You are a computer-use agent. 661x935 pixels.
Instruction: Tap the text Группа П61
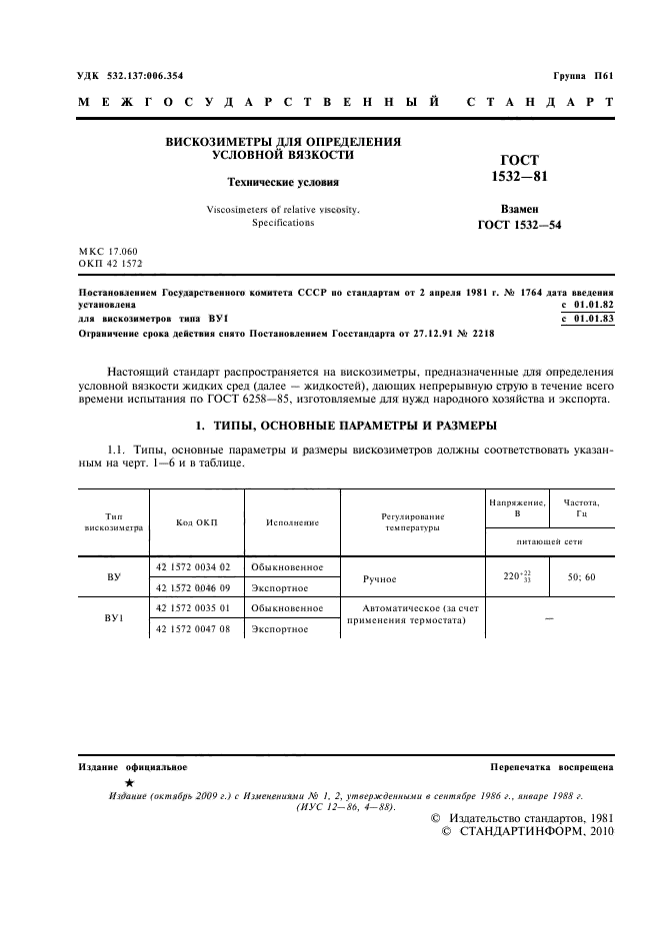click(583, 76)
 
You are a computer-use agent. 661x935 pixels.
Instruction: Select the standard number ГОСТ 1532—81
click(519, 168)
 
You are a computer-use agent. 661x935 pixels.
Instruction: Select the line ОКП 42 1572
click(110, 263)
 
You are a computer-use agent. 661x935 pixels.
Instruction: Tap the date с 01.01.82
click(588, 304)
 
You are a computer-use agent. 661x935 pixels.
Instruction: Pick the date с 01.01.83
click(588, 318)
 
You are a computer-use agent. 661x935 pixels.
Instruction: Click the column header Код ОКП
click(196, 522)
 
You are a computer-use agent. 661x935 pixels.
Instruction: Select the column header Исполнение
click(292, 522)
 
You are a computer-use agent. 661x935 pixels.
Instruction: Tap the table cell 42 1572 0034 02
click(194, 566)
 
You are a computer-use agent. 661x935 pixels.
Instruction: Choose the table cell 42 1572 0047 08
click(194, 629)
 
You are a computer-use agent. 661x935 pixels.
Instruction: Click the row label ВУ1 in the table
click(113, 619)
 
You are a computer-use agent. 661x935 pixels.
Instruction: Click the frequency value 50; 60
click(581, 577)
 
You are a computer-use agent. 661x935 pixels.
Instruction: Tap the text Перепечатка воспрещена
click(552, 767)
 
